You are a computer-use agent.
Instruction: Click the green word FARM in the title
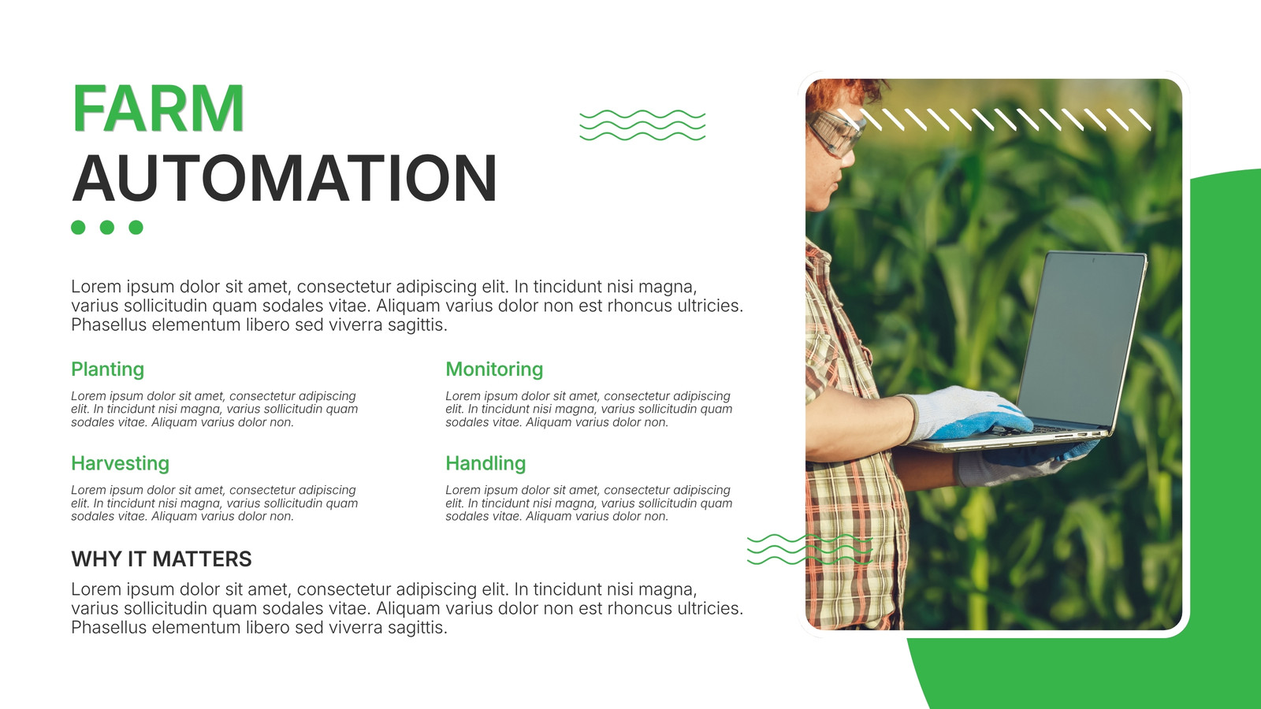pyautogui.click(x=158, y=108)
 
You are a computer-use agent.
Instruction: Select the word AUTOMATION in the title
pyautogui.click(x=285, y=178)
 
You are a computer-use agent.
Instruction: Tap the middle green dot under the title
pyautogui.click(x=107, y=228)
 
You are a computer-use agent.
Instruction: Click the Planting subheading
pyautogui.click(x=107, y=369)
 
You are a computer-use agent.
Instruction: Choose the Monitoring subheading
pyautogui.click(x=494, y=369)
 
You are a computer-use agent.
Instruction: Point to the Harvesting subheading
pyautogui.click(x=120, y=463)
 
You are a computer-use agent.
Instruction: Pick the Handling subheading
pyautogui.click(x=485, y=463)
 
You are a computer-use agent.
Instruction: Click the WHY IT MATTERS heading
pyautogui.click(x=161, y=559)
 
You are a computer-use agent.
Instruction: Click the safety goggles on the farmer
pyautogui.click(x=835, y=133)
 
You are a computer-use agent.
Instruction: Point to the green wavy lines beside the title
pyautogui.click(x=642, y=125)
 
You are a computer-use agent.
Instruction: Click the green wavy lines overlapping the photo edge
pyautogui.click(x=809, y=549)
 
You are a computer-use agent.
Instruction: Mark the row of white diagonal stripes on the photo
pyautogui.click(x=994, y=119)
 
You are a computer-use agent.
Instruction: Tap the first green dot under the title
pyautogui.click(x=78, y=228)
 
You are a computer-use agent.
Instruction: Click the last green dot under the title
pyautogui.click(x=136, y=228)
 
